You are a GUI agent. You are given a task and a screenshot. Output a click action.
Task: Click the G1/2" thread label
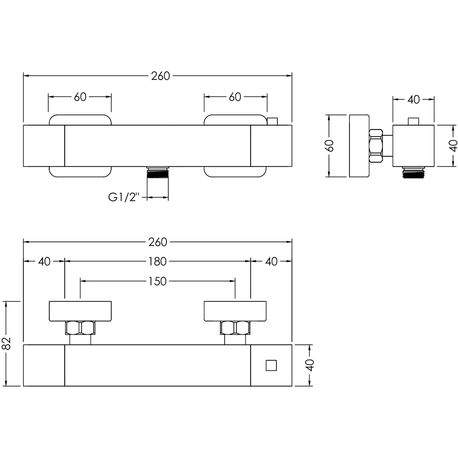[x=124, y=197]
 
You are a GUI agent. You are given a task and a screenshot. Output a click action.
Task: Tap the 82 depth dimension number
[x=7, y=343]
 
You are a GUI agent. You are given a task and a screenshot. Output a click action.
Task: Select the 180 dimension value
[x=158, y=261]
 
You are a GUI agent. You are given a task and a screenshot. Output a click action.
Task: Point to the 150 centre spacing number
[x=158, y=281]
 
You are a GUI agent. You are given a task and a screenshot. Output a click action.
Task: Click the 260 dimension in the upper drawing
[x=160, y=76]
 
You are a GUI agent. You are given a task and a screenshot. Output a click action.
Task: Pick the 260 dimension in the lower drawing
[x=158, y=242]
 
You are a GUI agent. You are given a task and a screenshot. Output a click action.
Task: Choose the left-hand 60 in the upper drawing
[x=80, y=97]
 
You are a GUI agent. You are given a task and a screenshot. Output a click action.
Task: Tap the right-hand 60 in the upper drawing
[x=235, y=97]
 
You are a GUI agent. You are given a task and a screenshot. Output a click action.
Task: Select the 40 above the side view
[x=413, y=100]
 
